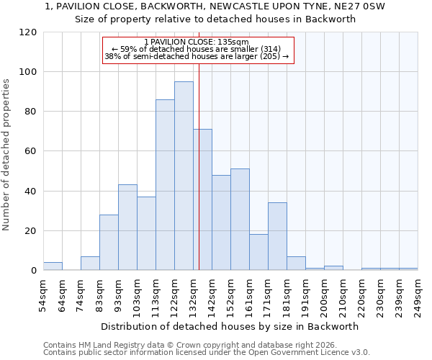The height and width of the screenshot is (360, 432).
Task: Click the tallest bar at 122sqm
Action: point(184,176)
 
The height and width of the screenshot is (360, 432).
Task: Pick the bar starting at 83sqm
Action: point(109,243)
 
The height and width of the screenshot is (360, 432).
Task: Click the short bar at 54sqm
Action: point(53,266)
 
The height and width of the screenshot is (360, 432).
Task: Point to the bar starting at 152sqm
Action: point(240,220)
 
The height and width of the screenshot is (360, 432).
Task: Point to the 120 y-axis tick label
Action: point(28,32)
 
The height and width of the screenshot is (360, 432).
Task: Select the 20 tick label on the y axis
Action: point(31,231)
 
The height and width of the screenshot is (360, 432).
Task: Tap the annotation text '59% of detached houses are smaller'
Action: point(200,49)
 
